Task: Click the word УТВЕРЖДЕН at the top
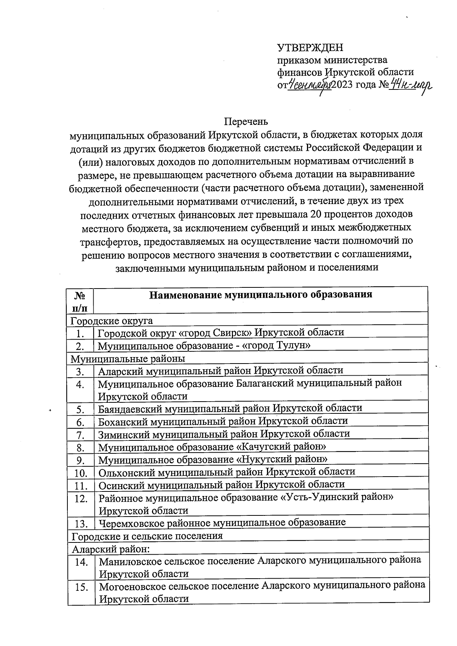point(310,48)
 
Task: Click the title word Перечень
point(246,121)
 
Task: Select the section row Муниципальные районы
point(128,359)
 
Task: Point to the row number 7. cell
point(80,435)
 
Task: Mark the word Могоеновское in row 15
point(132,586)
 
